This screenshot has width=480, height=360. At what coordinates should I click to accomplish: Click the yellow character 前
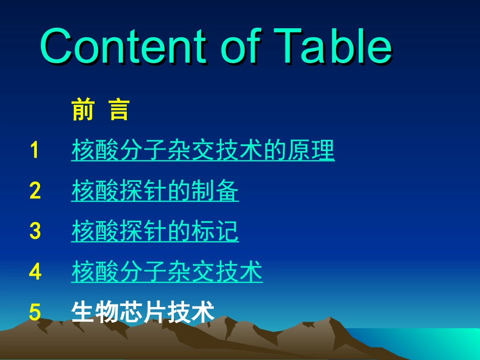click(x=82, y=110)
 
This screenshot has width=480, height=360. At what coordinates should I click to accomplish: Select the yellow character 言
click(x=119, y=110)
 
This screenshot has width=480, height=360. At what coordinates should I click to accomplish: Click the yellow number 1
click(x=34, y=150)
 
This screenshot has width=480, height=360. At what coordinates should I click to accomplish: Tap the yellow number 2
click(x=34, y=191)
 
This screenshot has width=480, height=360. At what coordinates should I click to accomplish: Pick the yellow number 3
click(x=34, y=232)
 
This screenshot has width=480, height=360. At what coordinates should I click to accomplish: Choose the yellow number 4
click(x=34, y=272)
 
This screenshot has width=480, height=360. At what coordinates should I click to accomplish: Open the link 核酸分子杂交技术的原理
click(x=203, y=150)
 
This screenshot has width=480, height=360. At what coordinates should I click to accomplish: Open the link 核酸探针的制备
click(x=155, y=191)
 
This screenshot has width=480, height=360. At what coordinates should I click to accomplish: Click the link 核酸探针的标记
click(x=155, y=232)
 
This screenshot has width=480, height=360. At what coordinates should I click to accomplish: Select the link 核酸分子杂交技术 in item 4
click(x=167, y=272)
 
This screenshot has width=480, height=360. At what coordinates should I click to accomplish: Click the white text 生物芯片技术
click(x=143, y=312)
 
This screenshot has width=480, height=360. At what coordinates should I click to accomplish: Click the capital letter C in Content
click(x=59, y=46)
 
